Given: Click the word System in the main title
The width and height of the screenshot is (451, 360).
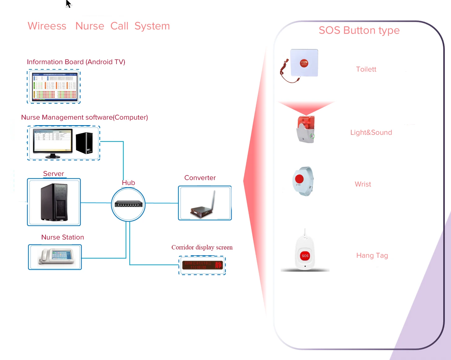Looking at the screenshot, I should coord(152,26).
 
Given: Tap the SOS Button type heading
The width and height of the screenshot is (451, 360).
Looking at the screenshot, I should coord(359,30).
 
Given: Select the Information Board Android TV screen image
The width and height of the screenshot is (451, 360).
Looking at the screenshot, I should coord(54,86).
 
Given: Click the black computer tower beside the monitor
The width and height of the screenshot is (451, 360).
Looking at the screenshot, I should coord(84,143).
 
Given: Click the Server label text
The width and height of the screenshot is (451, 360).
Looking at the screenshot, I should coord(54,174).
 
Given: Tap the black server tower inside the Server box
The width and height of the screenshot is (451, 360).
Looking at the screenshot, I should coord(54,202).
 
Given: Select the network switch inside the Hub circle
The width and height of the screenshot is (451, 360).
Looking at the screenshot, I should coord(128,204).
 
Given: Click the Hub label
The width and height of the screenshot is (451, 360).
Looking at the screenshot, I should coord(128,183).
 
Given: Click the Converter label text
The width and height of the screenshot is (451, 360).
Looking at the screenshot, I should coord(200,178).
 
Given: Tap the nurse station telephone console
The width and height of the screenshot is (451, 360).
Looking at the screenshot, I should coord(56,257).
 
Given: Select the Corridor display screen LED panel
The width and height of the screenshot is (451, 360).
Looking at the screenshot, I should coord(202,265).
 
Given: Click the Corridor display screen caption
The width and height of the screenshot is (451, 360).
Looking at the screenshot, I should coord(202,247).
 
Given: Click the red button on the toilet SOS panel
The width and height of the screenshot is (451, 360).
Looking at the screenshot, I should coord(304,63).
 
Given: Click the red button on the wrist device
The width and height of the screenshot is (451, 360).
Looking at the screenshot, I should coord(299,179).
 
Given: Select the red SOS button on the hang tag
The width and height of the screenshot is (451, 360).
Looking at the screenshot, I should coord(305,256).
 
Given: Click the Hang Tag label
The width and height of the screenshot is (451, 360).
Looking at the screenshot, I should coord(372,256).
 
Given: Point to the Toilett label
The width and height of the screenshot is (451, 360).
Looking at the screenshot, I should coord(366,69).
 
